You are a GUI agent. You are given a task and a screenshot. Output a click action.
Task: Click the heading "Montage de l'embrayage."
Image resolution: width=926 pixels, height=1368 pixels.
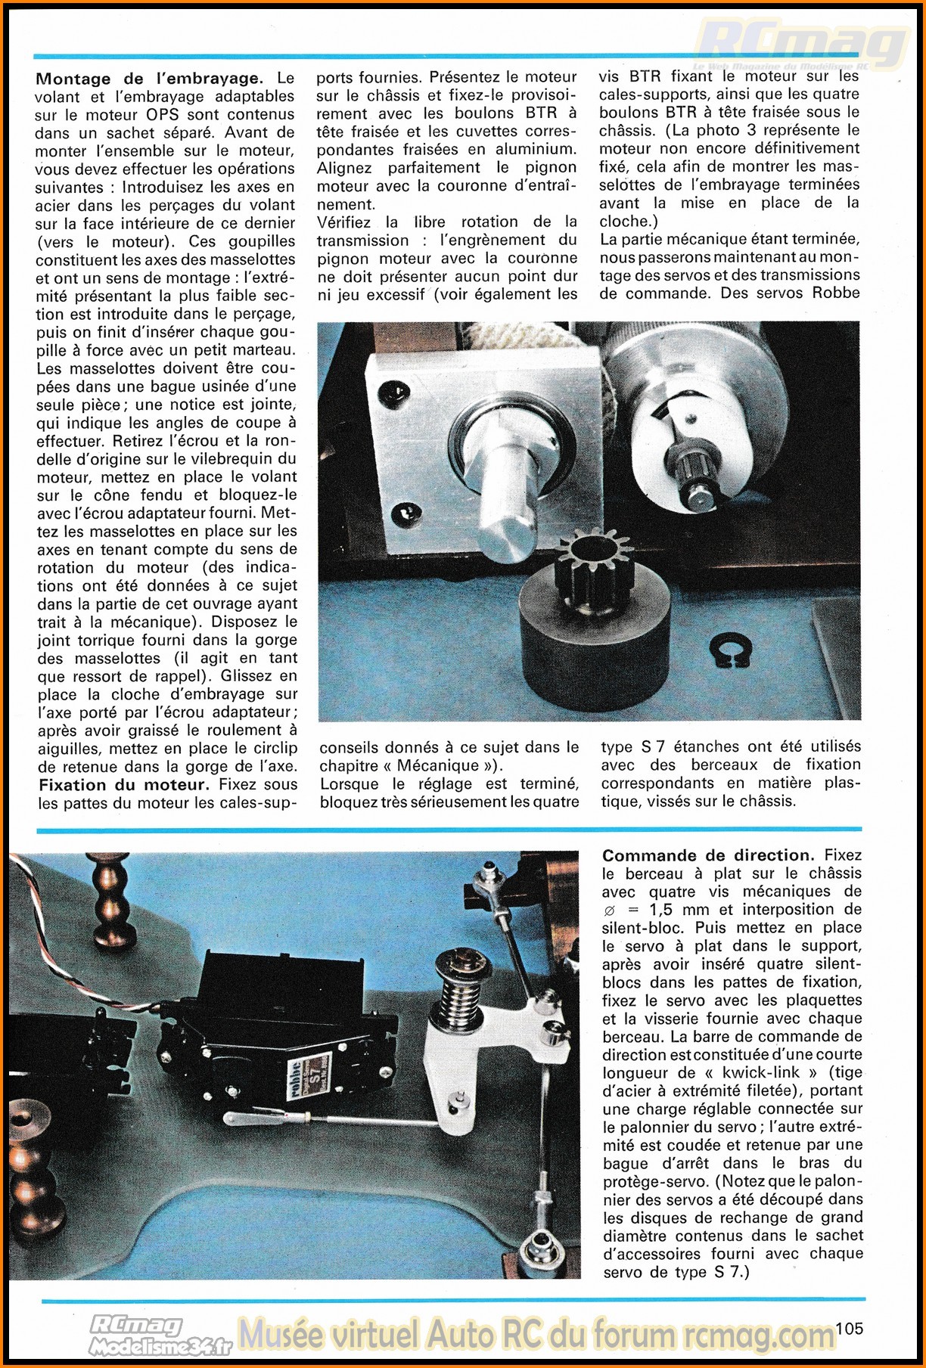pyautogui.click(x=149, y=79)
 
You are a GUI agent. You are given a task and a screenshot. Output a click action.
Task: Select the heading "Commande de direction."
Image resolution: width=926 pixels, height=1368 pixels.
pyautogui.click(x=707, y=855)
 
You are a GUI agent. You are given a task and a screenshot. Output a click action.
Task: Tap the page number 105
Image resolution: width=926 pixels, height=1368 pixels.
pyautogui.click(x=850, y=1328)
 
